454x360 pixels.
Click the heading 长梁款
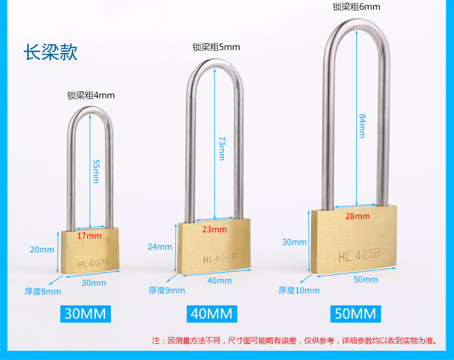(x=50, y=52)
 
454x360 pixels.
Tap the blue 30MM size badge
(x=86, y=313)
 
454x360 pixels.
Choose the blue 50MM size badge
(x=355, y=313)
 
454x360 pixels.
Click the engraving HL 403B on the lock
(x=93, y=263)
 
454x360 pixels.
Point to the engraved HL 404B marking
(x=220, y=258)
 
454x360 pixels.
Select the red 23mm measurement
(x=214, y=229)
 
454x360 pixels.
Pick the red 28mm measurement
(x=357, y=216)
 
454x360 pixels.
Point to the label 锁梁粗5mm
(x=216, y=47)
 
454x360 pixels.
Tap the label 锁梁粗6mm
(x=356, y=7)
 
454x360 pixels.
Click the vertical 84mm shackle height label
(x=362, y=125)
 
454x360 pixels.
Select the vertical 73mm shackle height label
(x=221, y=148)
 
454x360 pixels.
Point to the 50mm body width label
(x=366, y=279)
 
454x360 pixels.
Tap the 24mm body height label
(x=160, y=247)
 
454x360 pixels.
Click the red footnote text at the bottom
(x=294, y=340)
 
